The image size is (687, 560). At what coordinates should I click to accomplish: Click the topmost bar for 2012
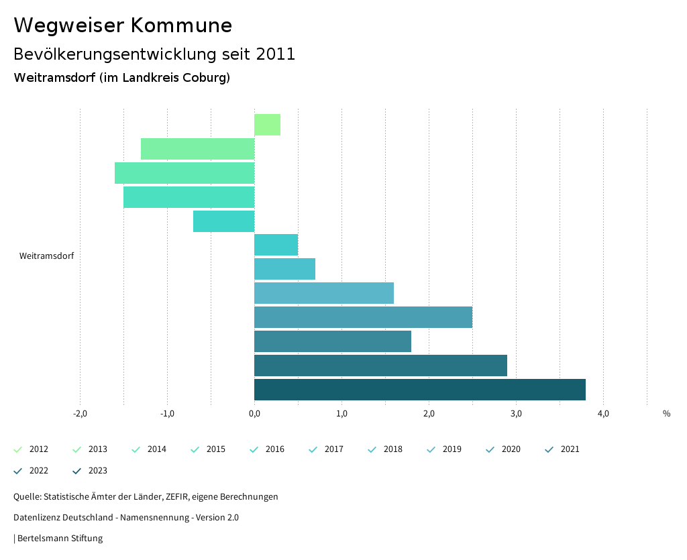point(267,125)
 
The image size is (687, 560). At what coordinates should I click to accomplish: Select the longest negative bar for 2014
point(184,173)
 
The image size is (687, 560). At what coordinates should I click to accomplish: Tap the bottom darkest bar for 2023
point(419,390)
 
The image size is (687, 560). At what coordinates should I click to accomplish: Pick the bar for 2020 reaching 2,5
point(363,317)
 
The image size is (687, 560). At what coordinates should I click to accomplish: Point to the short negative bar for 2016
point(223,221)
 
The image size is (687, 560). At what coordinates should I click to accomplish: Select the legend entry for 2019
point(444,449)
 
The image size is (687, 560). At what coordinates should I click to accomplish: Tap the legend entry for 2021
point(562,449)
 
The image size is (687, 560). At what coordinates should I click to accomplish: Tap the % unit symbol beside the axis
point(666,414)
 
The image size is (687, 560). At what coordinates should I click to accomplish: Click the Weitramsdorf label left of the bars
point(46,256)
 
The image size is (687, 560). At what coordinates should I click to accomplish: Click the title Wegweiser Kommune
point(123,25)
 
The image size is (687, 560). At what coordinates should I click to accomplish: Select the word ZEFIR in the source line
point(174,497)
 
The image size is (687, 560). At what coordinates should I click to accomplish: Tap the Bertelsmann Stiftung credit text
point(60,539)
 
